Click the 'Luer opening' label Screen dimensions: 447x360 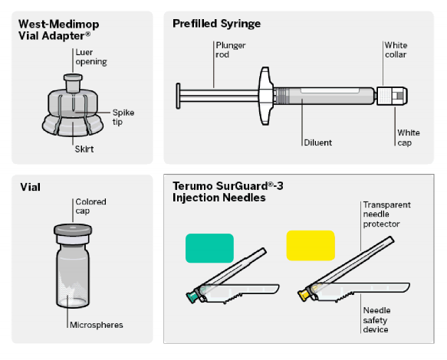point(91,57)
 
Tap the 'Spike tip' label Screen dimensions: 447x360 point(123,117)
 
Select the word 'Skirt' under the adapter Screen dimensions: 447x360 point(84,149)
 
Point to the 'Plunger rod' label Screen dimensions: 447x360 point(230,50)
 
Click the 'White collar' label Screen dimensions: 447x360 point(396,50)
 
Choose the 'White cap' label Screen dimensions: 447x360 point(409,138)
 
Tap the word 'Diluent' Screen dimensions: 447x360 point(318,142)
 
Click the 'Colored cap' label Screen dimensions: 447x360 point(90,206)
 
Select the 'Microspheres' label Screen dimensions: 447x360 point(97,325)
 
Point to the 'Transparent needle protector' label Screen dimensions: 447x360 point(386,214)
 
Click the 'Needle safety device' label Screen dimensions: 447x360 point(376,320)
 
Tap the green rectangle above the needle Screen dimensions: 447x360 point(209,248)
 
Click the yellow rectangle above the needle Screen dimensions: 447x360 point(311,246)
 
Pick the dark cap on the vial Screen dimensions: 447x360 point(73,230)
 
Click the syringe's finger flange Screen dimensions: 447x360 point(265,96)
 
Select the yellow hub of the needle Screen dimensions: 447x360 point(304,294)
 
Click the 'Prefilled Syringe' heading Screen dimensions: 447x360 point(216,24)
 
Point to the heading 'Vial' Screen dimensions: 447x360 point(30,187)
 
